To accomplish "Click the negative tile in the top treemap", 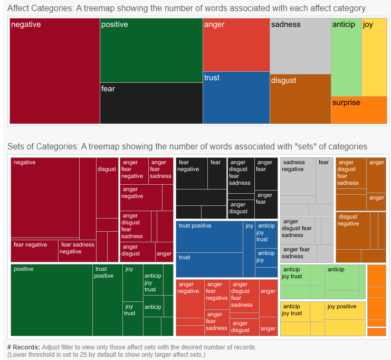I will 55,71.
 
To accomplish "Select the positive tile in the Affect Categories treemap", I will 151,50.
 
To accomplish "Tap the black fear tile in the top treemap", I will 151,103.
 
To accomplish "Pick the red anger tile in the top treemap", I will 236,45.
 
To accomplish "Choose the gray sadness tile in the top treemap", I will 300,46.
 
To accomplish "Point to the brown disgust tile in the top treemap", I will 300,99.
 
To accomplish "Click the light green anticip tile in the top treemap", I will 346,57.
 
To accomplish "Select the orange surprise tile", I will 359,110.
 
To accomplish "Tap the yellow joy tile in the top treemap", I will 375,57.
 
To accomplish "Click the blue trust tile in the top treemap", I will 236,98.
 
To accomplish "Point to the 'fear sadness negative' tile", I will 77,251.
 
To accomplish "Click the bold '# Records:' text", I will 24,347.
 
